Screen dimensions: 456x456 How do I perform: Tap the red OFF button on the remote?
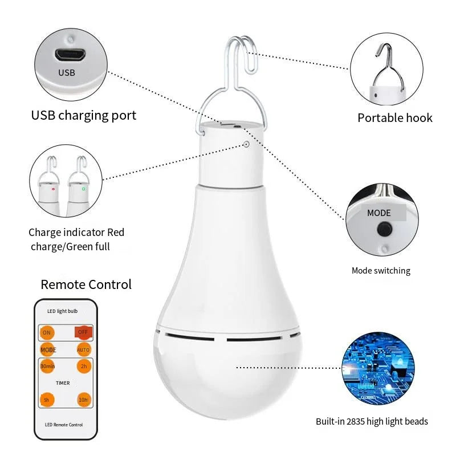(83, 332)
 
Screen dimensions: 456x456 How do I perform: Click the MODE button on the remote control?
(48, 349)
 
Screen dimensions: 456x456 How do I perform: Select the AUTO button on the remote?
(83, 349)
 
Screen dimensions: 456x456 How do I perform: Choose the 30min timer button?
(47, 366)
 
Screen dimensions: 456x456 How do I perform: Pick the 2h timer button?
(83, 366)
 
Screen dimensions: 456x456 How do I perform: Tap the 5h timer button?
(47, 400)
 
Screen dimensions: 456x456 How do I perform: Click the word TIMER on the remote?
(63, 383)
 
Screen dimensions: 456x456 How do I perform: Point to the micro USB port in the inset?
(70, 55)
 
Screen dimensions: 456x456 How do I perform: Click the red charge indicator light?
(54, 189)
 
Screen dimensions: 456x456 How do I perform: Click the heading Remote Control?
(86, 284)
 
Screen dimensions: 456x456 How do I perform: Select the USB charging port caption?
(84, 115)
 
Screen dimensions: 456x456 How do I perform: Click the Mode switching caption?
(381, 271)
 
